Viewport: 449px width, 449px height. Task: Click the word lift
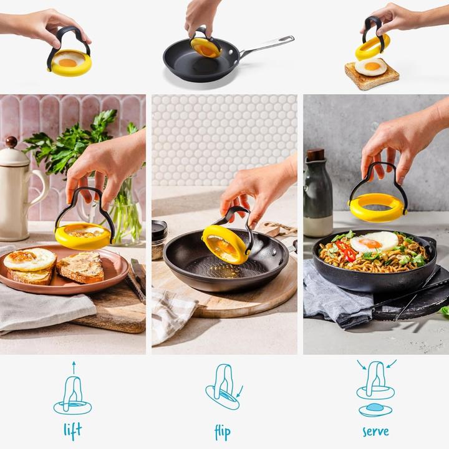[72, 430]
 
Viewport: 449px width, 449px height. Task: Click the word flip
[222, 431]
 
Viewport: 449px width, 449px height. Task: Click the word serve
[375, 430]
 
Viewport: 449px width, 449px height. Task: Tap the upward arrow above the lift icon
[73, 367]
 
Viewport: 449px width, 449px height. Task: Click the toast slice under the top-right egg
[372, 77]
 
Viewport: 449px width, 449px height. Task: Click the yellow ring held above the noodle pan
[377, 207]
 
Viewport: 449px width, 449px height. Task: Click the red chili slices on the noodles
[347, 252]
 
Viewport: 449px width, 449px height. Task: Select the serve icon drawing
[375, 390]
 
